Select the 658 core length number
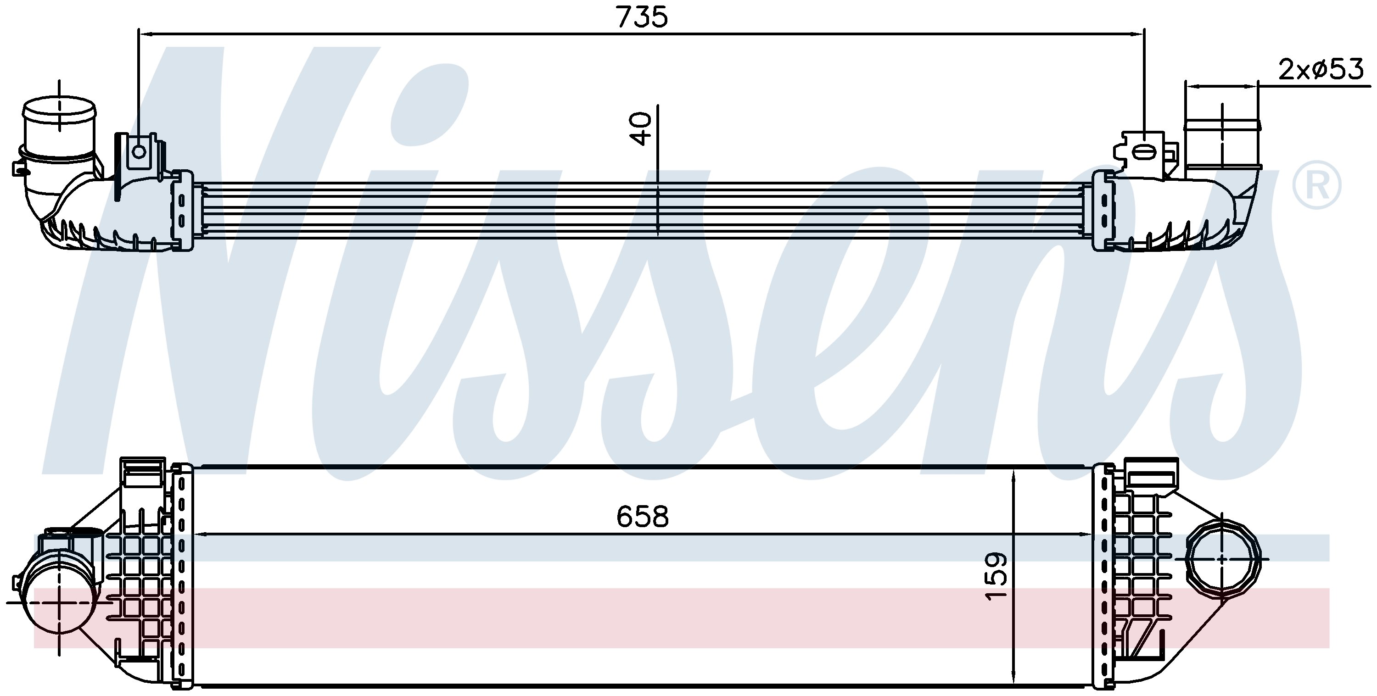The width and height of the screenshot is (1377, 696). click(643, 517)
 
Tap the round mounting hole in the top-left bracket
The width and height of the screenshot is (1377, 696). click(139, 152)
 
